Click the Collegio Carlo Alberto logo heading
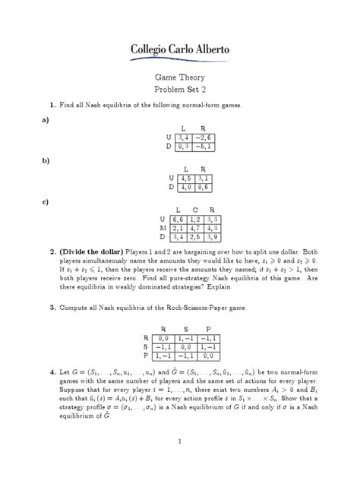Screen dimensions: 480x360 click(179, 49)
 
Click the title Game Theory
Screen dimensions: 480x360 click(180, 76)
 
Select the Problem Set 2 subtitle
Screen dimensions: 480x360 click(180, 88)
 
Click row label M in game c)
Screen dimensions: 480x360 click(163, 226)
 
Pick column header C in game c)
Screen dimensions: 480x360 click(195, 207)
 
